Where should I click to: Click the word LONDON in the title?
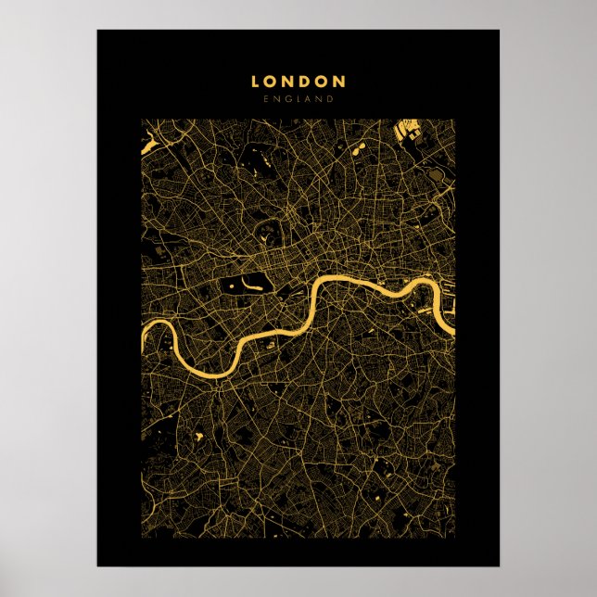[x=298, y=82]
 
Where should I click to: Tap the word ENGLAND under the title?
[x=298, y=99]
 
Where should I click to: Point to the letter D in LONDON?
[x=306, y=82]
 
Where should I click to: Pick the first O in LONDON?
[x=271, y=82]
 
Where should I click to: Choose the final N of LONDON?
[x=339, y=82]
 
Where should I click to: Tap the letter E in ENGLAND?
[x=266, y=99]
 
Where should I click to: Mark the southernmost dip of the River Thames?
[x=200, y=372]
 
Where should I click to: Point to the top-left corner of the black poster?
[x=97, y=30]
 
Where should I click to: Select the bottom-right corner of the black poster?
[x=499, y=565]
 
